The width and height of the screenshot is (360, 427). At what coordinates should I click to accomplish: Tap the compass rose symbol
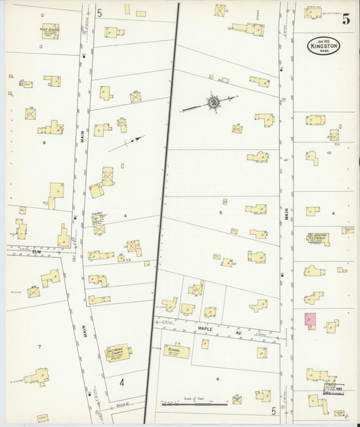[x=213, y=103]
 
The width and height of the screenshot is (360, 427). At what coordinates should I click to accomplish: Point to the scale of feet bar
[x=194, y=404]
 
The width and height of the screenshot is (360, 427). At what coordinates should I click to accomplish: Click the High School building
[x=50, y=31]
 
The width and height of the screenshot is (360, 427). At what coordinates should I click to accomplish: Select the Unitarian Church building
[x=118, y=353]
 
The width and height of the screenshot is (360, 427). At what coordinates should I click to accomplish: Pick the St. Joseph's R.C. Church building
[x=317, y=238]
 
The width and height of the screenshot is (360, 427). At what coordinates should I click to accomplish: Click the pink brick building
[x=310, y=321]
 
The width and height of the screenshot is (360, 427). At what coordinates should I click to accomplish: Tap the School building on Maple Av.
[x=176, y=351]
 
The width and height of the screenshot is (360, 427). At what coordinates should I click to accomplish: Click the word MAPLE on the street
[x=205, y=329]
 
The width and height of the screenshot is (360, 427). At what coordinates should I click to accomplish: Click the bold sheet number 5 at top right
[x=346, y=20]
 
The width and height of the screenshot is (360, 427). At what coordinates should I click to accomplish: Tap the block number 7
[x=39, y=347]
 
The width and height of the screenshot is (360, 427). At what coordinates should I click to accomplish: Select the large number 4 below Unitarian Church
[x=122, y=382]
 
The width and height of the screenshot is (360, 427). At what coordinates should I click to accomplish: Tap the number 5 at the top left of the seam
[x=99, y=13]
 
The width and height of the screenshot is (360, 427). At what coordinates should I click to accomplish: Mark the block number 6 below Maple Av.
[x=217, y=379]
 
